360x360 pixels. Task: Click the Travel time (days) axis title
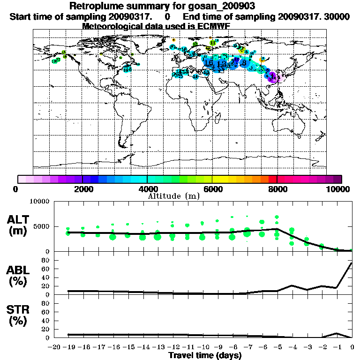coord(205,356)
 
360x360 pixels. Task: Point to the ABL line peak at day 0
coord(352,263)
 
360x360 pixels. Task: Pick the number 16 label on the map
coord(209,63)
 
